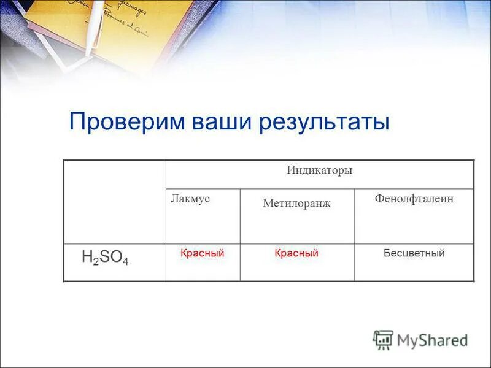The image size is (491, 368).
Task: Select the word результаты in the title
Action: point(325,121)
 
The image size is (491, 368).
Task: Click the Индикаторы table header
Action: point(319,171)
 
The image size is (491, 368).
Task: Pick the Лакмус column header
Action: point(190,199)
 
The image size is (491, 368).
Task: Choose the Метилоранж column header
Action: point(296,204)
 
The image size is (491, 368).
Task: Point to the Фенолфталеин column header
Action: point(414,199)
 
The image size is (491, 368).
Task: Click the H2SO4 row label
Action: point(105,258)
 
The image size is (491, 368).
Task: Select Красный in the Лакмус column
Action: point(202,253)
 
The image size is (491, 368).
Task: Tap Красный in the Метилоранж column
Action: point(296,253)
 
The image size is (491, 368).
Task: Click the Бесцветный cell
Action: point(414,253)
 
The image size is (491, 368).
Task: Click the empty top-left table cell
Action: point(115,202)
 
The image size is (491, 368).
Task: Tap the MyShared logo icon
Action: point(383,339)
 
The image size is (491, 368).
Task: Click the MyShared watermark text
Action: point(433,340)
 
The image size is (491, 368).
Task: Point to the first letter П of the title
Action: point(77,121)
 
